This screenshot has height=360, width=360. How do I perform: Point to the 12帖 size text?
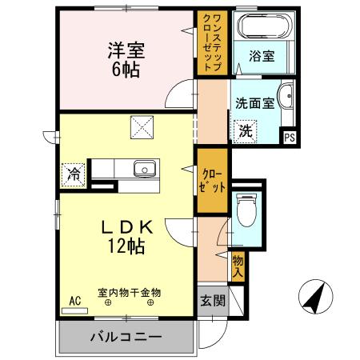[127, 246]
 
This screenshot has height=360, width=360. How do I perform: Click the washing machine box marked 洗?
[244, 130]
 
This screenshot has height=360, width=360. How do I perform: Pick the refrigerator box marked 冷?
[73, 173]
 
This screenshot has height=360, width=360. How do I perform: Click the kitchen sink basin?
[144, 169]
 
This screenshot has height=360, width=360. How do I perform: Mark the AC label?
[75, 301]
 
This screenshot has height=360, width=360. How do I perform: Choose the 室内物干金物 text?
[127, 292]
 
